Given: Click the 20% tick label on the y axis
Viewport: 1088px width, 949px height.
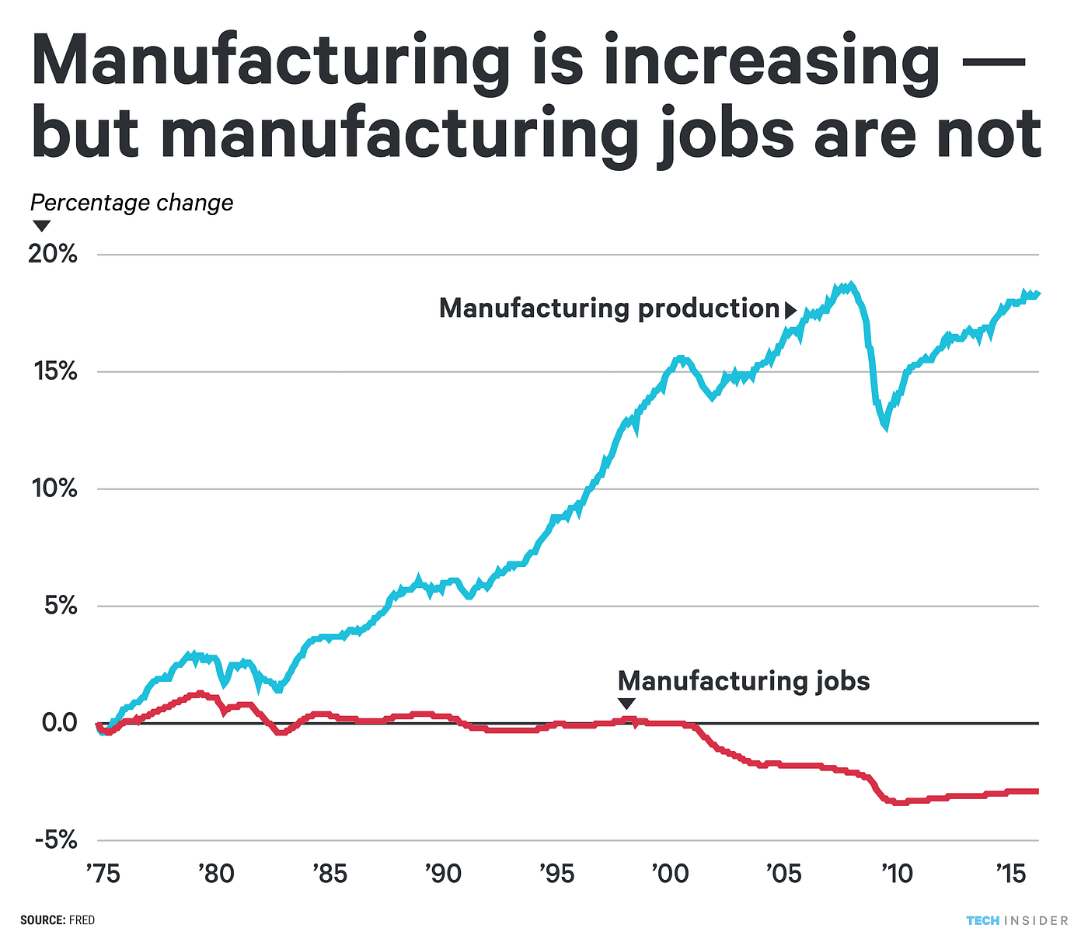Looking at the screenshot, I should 53,254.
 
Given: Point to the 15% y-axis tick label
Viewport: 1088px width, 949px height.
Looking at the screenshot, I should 53,371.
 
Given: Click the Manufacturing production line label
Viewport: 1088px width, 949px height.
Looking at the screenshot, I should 609,308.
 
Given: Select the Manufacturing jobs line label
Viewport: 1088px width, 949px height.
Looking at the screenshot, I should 743,681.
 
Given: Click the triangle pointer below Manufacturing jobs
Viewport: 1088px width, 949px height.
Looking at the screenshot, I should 626,704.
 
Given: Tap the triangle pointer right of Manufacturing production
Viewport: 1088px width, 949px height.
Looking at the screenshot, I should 790,311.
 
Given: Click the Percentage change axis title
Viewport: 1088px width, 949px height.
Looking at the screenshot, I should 131,203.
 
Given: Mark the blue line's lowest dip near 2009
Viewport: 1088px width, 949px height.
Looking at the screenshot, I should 885,426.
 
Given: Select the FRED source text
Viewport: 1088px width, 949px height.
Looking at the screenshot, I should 82,920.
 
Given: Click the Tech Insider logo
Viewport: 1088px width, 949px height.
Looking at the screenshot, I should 1017,920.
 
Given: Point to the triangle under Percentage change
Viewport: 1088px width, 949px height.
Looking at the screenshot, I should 41,226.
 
